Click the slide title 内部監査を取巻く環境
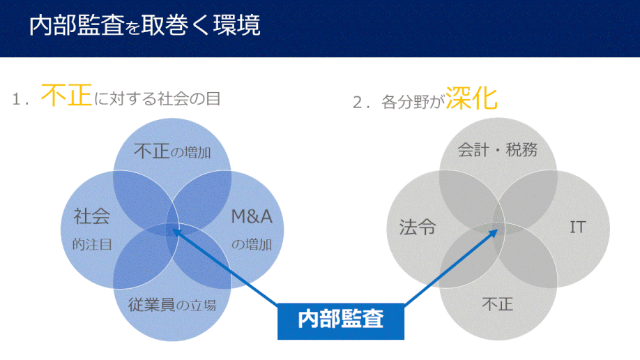coord(144,25)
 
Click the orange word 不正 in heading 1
coord(66,95)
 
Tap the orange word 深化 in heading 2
coord(471,98)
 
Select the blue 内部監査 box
coord(341,321)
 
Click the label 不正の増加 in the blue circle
coord(172,151)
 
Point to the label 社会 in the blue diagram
coord(92,216)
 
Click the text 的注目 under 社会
coord(92,244)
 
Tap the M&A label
coord(252,216)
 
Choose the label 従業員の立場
coord(172,305)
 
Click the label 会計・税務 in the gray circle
coord(498,150)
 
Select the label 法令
coord(418,227)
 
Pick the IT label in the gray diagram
coord(578,227)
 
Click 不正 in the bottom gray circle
coord(498,304)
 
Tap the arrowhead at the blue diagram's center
coord(176,232)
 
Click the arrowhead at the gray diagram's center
coord(494,233)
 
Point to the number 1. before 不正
coord(20,99)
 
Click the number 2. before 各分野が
coord(361,103)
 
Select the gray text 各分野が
coord(413,102)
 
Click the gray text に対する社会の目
coord(158,99)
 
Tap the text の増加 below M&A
coord(252,244)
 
